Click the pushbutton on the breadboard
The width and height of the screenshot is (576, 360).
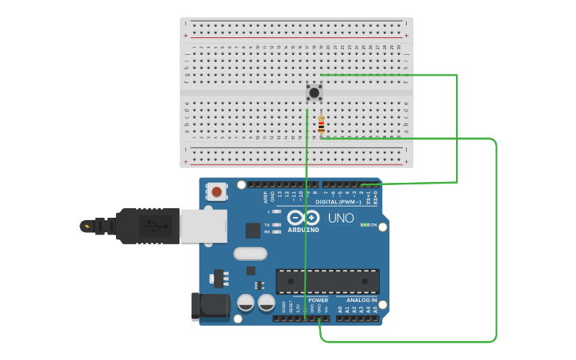pyautogui.click(x=315, y=92)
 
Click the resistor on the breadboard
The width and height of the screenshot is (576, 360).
pyautogui.click(x=321, y=125)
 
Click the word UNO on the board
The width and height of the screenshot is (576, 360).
pyautogui.click(x=341, y=217)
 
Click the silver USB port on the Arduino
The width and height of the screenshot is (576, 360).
pyautogui.click(x=203, y=226)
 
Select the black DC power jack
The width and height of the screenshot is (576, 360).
pyautogui.click(x=209, y=307)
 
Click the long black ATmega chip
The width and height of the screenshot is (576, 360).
pyautogui.click(x=327, y=281)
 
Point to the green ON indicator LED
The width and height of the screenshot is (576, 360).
pyautogui.click(x=364, y=225)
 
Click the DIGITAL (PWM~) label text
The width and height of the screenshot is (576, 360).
pyautogui.click(x=338, y=202)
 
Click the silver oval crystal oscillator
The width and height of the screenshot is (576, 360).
pyautogui.click(x=251, y=254)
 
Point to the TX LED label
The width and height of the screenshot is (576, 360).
pyautogui.click(x=267, y=225)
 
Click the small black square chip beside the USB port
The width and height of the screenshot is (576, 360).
pyautogui.click(x=253, y=230)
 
